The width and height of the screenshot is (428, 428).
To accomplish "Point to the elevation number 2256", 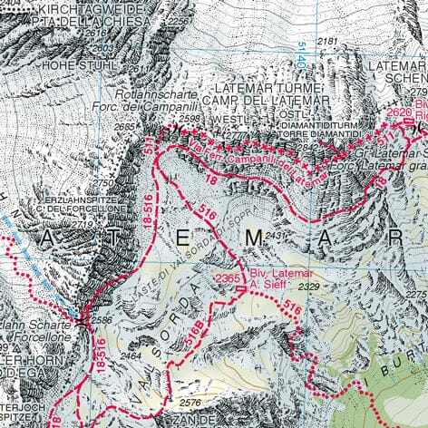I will [180, 20].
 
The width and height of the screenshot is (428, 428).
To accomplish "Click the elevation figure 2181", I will [327, 42].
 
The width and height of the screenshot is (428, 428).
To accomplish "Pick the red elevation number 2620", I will [399, 112].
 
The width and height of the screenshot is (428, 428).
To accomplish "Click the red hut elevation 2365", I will [228, 277].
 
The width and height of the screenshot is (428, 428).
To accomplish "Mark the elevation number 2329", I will [310, 287].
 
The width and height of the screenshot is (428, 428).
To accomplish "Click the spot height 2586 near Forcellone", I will [102, 320].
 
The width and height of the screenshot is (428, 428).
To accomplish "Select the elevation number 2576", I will [190, 402].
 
